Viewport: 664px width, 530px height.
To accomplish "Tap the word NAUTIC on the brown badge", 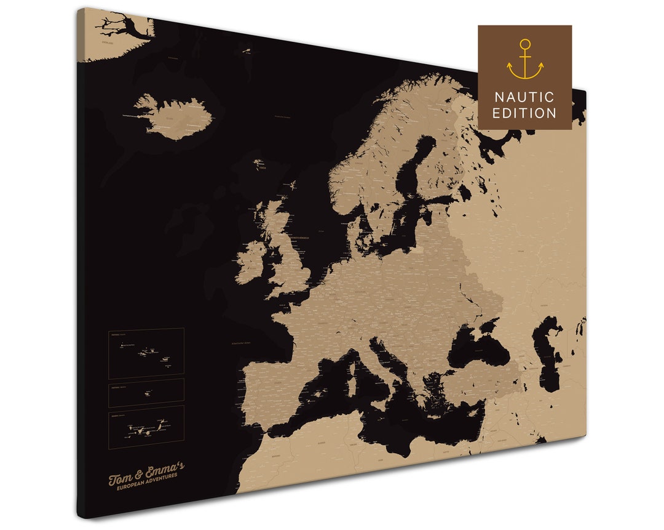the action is [524, 97].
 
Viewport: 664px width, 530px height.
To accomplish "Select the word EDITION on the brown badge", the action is [524, 113].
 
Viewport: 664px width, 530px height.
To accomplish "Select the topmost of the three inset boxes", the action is [146, 353].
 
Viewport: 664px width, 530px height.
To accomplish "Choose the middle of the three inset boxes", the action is [146, 392].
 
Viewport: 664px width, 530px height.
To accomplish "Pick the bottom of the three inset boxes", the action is [146, 426].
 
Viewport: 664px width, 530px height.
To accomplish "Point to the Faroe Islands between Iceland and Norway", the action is [261, 165].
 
